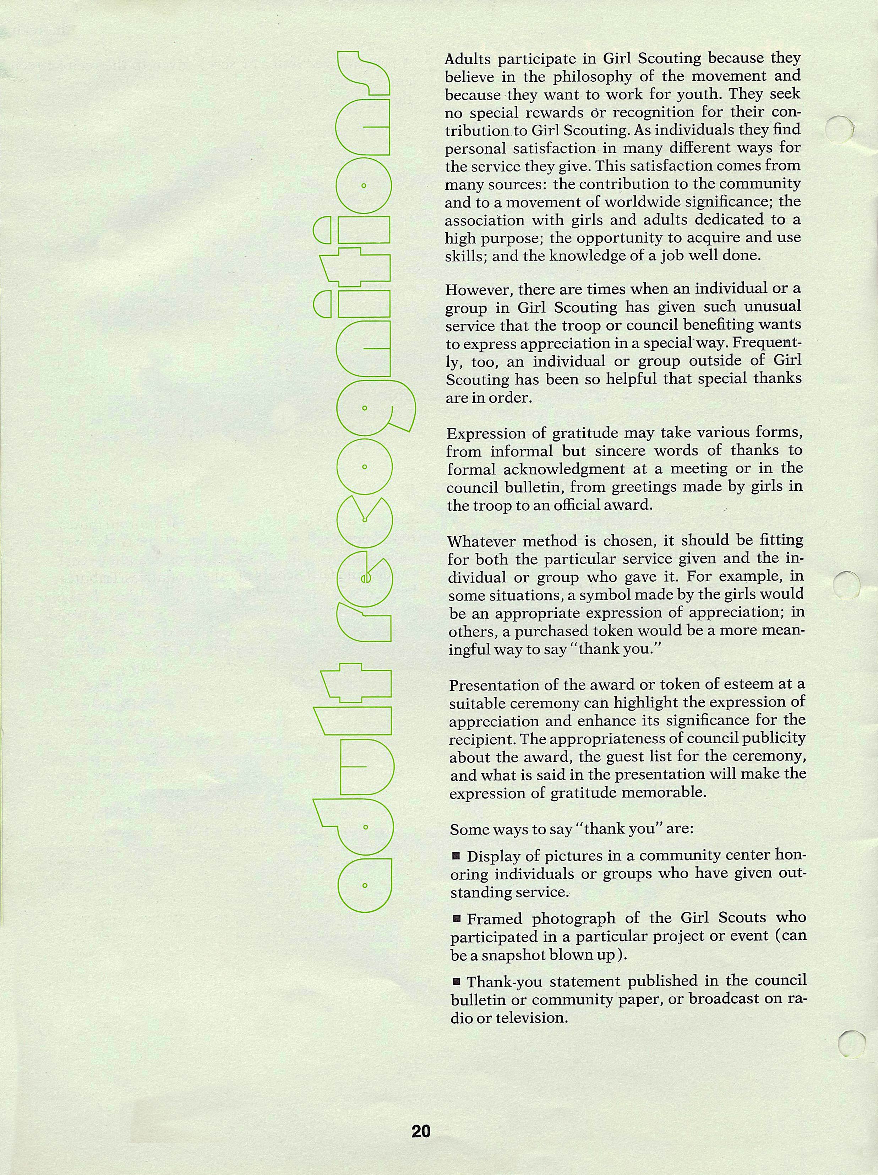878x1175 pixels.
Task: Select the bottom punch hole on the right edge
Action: tap(852, 1043)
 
